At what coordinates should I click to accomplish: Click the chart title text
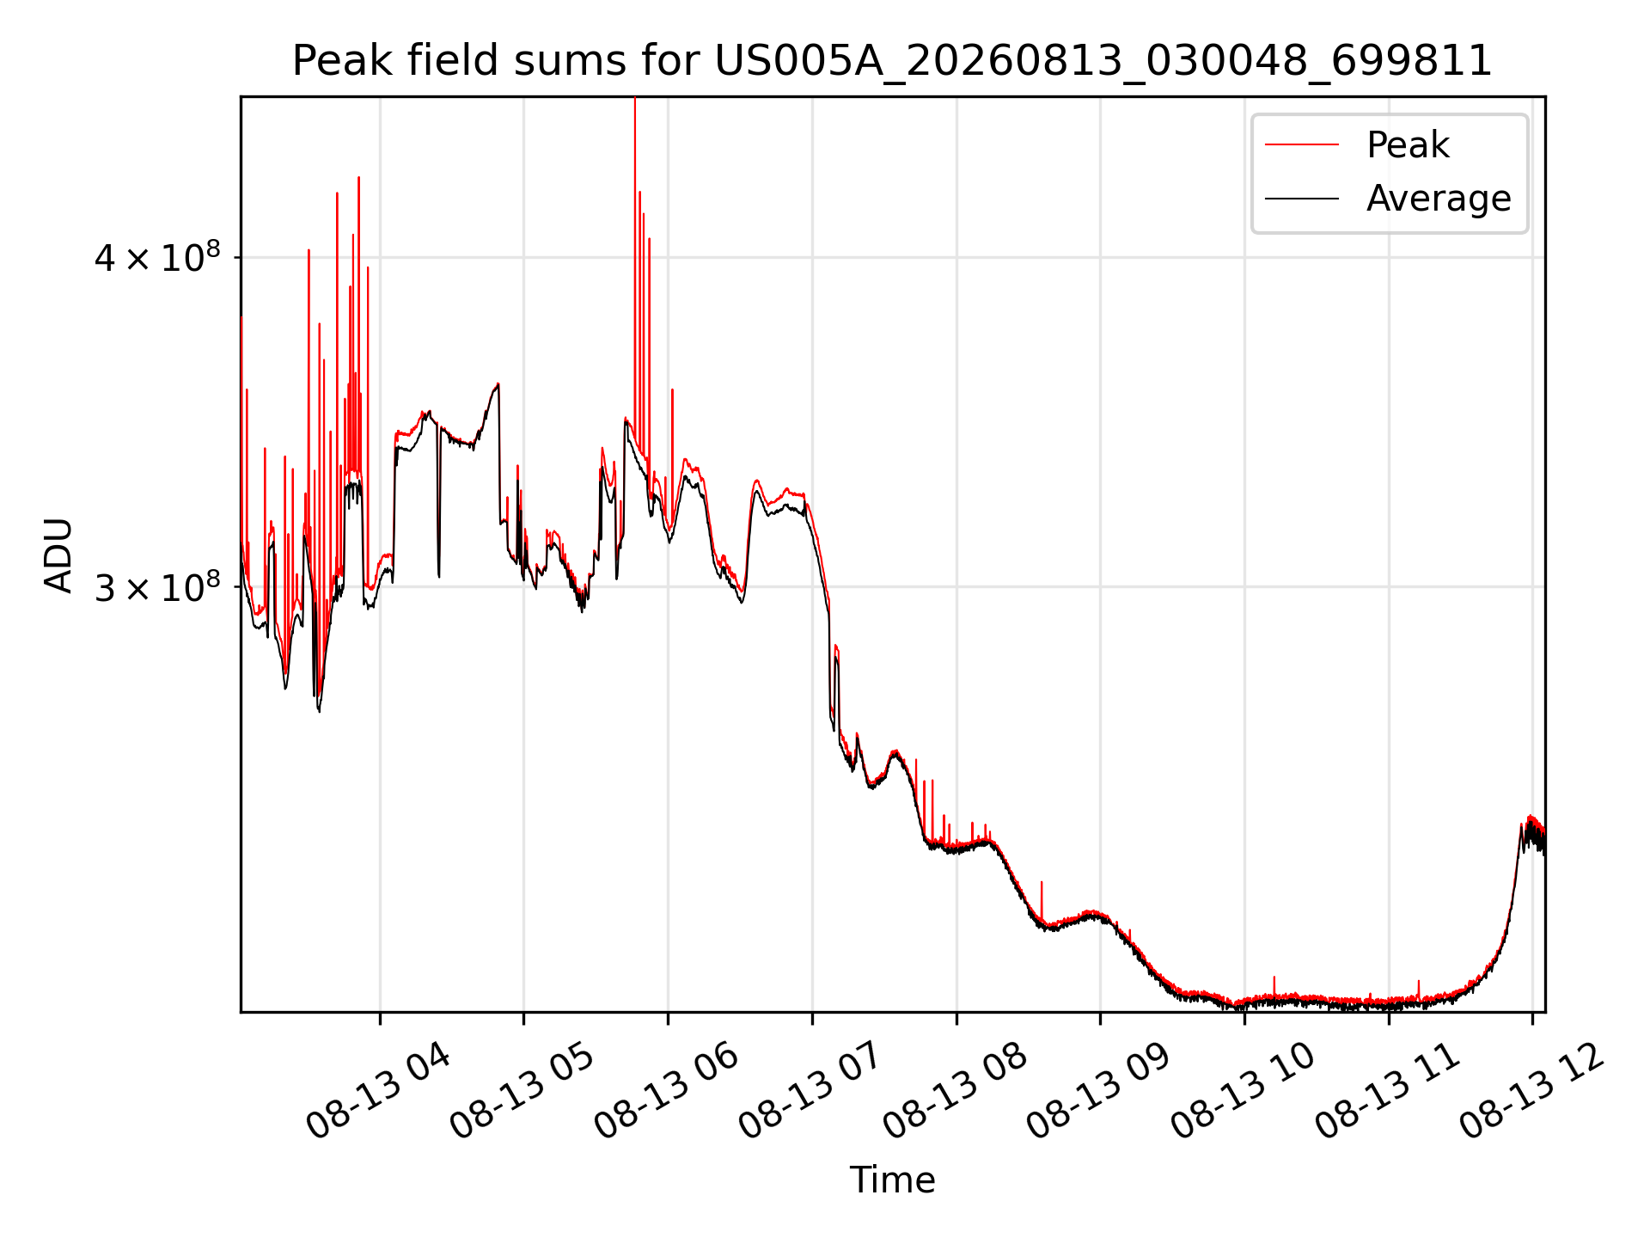(x=892, y=61)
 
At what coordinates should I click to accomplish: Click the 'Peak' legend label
(x=1408, y=145)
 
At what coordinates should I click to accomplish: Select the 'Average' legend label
(x=1439, y=199)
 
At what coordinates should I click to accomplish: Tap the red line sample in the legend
(x=1302, y=145)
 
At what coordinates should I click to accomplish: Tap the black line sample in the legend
(x=1302, y=199)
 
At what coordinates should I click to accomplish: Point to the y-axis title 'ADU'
(x=58, y=555)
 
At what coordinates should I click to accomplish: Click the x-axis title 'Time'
(x=892, y=1180)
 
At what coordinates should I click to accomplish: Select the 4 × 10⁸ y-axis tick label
(x=157, y=256)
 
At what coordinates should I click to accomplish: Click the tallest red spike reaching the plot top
(x=635, y=258)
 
